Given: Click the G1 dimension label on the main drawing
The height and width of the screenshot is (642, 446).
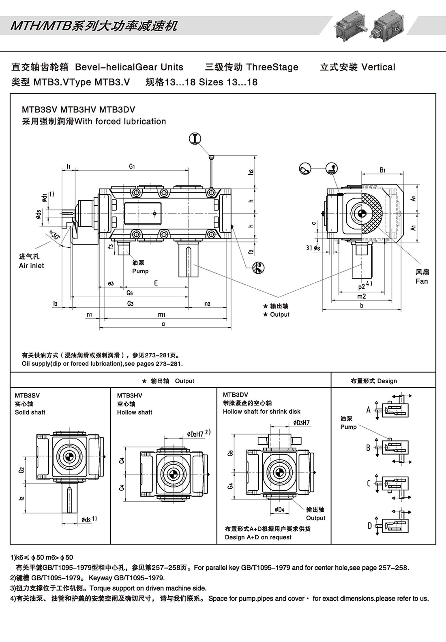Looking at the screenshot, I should pos(132,166).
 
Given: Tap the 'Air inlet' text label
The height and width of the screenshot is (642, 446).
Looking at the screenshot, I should pos(31,266).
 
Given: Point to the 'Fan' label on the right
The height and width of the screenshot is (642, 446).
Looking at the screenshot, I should pos(422,281).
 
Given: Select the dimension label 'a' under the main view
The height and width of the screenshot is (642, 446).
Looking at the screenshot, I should pos(163,324).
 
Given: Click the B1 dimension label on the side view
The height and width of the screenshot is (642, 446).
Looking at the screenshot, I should pos(382,170).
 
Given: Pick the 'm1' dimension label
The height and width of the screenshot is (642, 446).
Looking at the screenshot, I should pos(162,315).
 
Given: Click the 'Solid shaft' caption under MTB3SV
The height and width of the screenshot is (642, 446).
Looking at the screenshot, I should pos(30,412).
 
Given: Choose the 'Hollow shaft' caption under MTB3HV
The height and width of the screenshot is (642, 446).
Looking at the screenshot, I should pos(135,412).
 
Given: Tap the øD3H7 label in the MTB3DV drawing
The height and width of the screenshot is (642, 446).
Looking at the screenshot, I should pos(301,423).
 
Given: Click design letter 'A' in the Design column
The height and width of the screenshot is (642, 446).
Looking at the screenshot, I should pos(369,410).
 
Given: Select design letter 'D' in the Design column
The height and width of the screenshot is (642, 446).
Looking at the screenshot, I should pos(369,526).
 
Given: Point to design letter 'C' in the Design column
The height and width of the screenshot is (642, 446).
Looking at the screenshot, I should pos(369,483).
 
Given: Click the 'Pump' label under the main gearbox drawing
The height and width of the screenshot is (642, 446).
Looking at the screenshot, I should pos(140,271).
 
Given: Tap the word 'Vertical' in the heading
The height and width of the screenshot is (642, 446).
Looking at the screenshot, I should pos(378,67).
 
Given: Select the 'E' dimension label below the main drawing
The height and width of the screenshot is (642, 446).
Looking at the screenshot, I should pos(156,283).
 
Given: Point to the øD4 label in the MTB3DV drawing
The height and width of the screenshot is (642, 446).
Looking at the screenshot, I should pos(279,509).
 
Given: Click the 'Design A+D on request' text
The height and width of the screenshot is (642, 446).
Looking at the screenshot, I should pos(258,537).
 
